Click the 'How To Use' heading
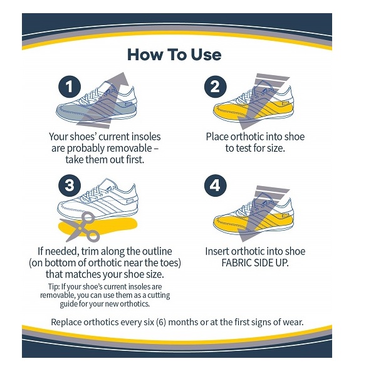coord(174,55)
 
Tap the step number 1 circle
coord(70,86)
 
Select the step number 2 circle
coord(216,86)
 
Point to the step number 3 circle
coord(70,185)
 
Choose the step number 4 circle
coord(216,185)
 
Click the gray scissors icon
coord(81,227)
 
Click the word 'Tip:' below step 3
coord(53,287)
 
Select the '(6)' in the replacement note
coord(161,322)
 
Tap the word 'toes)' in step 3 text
coord(171,263)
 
